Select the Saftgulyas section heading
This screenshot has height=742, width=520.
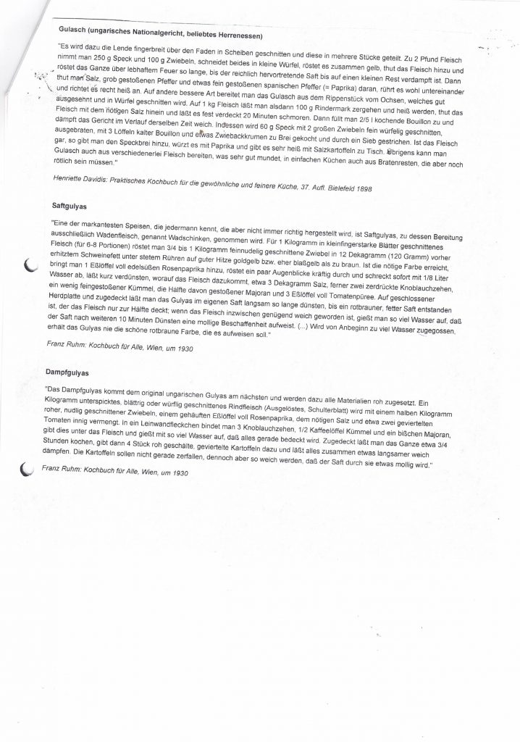(70, 207)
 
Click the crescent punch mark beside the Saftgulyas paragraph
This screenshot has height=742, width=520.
(30, 267)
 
